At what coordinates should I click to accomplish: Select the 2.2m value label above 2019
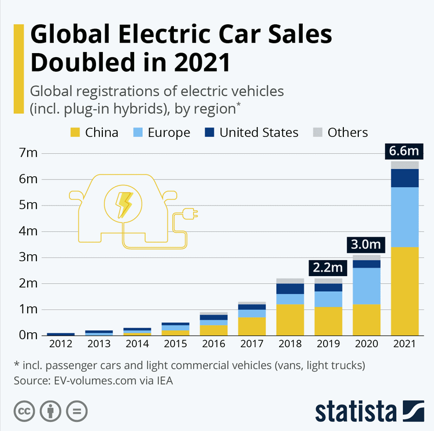pos(328,268)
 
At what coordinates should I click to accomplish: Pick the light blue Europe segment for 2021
pos(405,217)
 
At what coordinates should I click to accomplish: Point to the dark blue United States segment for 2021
pos(405,178)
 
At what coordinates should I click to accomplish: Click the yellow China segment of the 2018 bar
pos(290,319)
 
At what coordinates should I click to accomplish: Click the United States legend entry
pos(252,132)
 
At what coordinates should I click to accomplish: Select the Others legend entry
pos(340,132)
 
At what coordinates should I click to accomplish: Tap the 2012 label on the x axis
pos(60,344)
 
